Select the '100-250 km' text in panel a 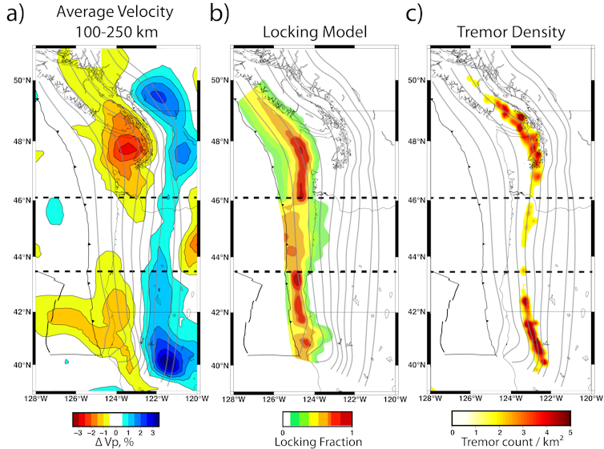pos(118,33)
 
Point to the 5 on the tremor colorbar pos(570,432)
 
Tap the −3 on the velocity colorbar pos(77,431)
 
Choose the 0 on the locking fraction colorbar pos(283,431)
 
